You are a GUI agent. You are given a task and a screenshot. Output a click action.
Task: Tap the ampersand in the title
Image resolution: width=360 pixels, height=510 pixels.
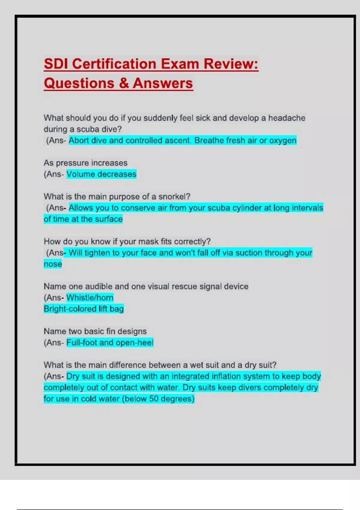coord(124,83)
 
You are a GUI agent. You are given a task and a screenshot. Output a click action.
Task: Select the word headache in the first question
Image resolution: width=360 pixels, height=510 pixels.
coord(286,118)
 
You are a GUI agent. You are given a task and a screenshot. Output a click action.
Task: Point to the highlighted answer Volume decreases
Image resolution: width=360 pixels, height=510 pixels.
coord(101,174)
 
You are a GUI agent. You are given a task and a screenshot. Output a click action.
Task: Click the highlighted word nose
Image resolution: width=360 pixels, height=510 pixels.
coord(53,264)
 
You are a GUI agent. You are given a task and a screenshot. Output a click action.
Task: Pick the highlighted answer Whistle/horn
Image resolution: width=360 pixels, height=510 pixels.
coord(90,298)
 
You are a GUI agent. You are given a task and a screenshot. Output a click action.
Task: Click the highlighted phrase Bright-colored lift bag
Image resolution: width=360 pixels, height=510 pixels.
coord(84,309)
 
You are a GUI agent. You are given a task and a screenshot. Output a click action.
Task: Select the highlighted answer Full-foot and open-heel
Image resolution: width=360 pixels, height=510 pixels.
coord(110,343)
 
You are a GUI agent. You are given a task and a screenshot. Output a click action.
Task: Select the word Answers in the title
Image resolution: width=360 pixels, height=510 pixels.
coord(163,83)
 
